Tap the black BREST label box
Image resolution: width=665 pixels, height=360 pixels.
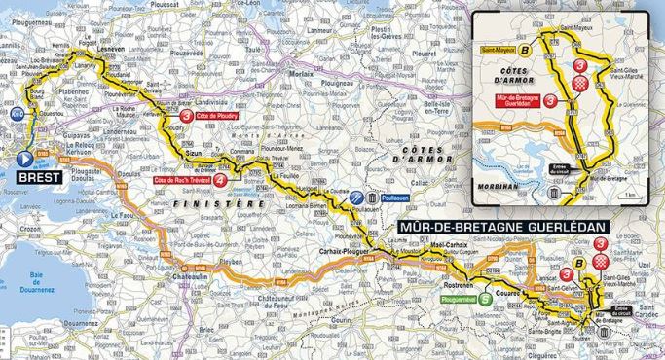(x=39, y=178)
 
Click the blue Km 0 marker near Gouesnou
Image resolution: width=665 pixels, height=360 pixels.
(x=18, y=114)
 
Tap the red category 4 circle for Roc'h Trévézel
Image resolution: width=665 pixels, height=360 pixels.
(x=220, y=180)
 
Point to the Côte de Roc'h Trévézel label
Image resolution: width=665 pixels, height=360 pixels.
(x=181, y=180)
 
